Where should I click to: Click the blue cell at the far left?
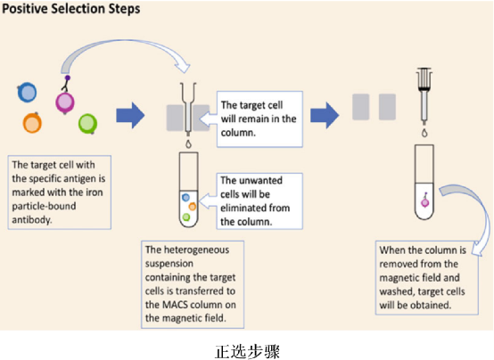point(27,93)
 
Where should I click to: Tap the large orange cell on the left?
point(32,122)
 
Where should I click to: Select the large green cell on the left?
point(87,124)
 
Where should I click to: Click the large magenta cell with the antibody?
point(65,102)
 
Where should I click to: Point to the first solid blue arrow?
point(130,115)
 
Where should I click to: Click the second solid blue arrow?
point(325,115)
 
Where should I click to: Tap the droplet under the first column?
point(188,143)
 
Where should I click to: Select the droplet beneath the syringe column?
point(424,133)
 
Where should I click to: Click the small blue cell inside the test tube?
point(185,198)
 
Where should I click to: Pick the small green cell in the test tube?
point(186,217)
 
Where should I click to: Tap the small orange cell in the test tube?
point(193,207)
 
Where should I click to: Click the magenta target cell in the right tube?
point(425,202)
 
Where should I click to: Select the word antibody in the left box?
point(32,219)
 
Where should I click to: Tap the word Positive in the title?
point(25,9)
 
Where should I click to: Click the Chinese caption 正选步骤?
point(247,351)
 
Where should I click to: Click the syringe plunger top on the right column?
point(424,70)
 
